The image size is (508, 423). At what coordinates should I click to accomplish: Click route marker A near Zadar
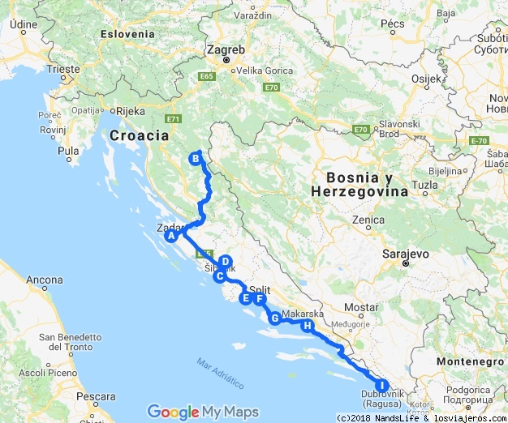pos(171,237)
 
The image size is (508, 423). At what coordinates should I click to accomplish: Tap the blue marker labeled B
pos(196,159)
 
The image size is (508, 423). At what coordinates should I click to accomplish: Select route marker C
pos(218,276)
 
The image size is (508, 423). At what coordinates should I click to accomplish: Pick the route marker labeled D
pos(226,262)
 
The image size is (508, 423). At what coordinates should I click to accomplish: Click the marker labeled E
pos(244,298)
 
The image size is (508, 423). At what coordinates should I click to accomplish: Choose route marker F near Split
pos(260,298)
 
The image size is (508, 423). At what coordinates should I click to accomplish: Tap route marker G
pos(275,318)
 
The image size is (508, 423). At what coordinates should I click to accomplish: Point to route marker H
pos(307,326)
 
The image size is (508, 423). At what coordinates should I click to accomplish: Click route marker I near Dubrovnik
pos(381,386)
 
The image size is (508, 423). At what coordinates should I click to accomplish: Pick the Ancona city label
pos(45,280)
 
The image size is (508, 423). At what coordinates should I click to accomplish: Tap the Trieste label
pos(63,70)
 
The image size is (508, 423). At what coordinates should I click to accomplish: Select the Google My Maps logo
pos(201,412)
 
